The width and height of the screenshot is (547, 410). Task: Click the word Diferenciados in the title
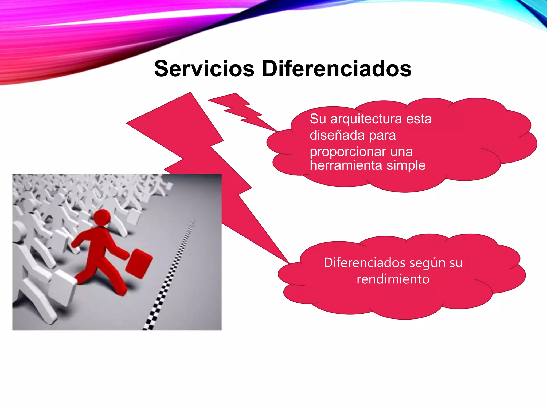point(337,69)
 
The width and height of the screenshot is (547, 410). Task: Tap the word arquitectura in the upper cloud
point(366,119)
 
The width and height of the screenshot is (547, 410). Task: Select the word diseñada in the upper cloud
point(337,135)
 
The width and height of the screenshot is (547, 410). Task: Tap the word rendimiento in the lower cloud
point(393,279)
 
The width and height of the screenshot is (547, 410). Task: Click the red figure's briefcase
point(139,264)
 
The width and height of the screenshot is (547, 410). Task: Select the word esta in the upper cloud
point(419,119)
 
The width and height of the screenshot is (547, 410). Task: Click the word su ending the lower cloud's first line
point(456,263)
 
